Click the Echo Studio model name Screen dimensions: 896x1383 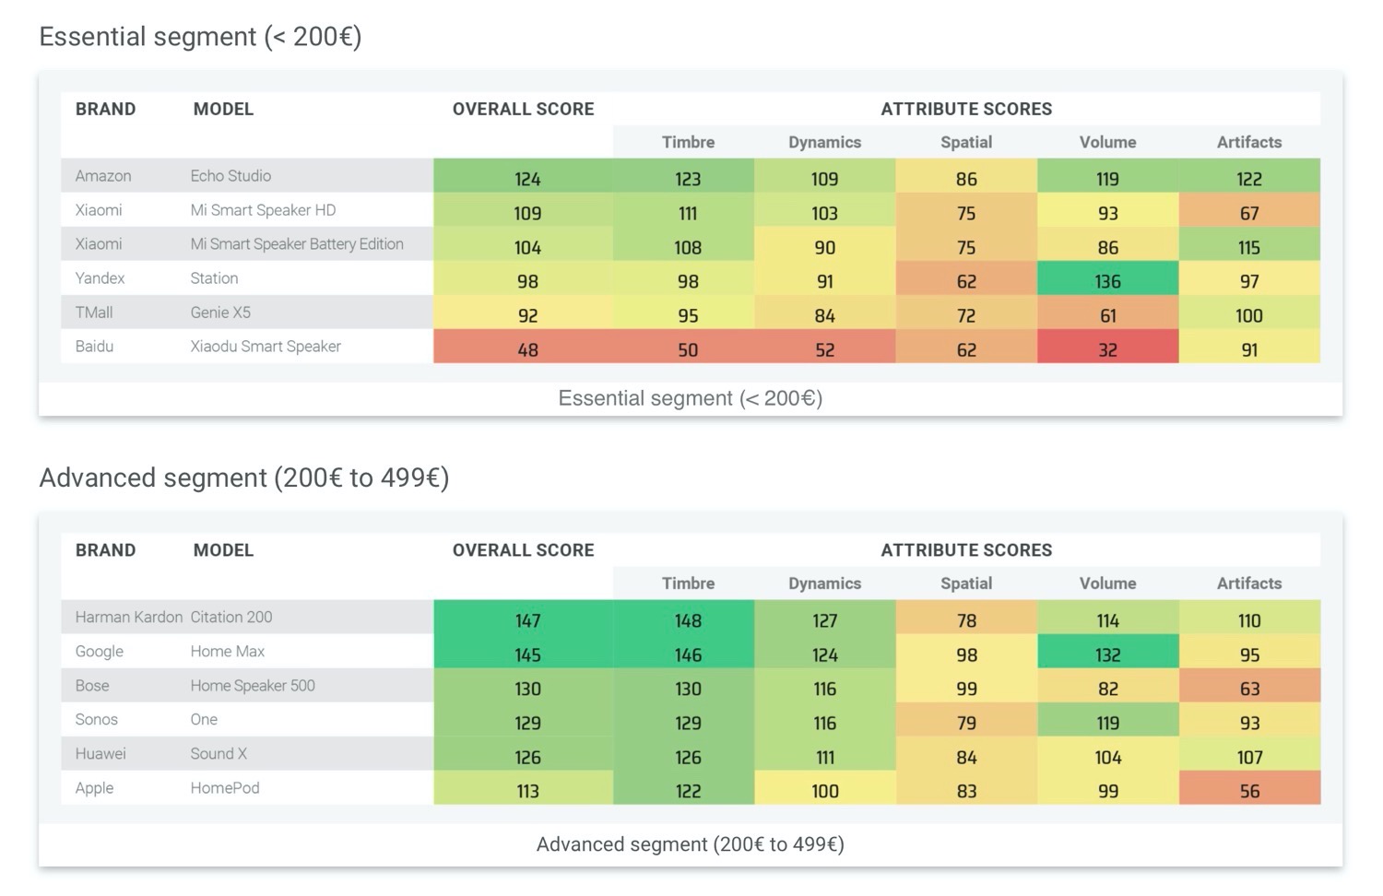coord(230,176)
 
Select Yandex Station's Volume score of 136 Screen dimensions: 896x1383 coord(1107,281)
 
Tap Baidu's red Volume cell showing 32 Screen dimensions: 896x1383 coord(1107,349)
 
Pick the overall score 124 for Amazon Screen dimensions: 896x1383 coord(527,179)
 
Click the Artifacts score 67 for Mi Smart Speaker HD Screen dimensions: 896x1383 coord(1249,213)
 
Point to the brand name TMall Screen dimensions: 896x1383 coord(94,312)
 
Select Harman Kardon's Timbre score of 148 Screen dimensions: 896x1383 coord(688,620)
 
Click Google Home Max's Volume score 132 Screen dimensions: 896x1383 coord(1107,654)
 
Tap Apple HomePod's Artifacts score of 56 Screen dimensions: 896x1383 coord(1249,791)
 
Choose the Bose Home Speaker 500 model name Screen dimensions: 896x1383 coord(253,686)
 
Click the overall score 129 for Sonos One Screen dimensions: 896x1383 coord(527,723)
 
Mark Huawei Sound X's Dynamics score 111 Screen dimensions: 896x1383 coord(824,757)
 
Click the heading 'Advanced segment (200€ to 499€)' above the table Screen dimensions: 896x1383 coord(244,477)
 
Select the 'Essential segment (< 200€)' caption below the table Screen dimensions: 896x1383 coord(690,398)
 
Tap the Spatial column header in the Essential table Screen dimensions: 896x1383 coord(966,142)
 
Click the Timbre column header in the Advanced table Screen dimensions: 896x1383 coord(688,584)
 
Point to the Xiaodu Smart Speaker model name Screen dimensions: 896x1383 coord(266,347)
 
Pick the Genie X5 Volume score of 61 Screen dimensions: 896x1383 coord(1107,315)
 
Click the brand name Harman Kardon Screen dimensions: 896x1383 coord(129,618)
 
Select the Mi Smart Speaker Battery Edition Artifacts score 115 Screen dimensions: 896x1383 coord(1249,247)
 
